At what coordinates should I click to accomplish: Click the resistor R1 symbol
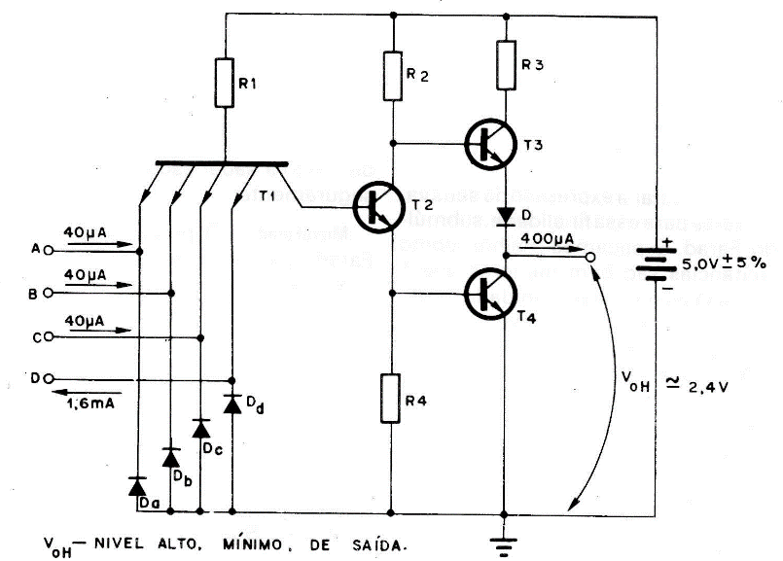click(x=226, y=84)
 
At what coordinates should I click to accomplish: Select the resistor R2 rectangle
click(x=392, y=77)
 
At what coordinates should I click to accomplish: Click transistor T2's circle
click(x=373, y=207)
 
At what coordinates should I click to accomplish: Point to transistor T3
click(x=486, y=144)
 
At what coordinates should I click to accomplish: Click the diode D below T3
click(x=505, y=213)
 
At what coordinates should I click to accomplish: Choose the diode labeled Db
click(x=171, y=457)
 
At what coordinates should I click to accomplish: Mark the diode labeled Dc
click(x=201, y=428)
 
